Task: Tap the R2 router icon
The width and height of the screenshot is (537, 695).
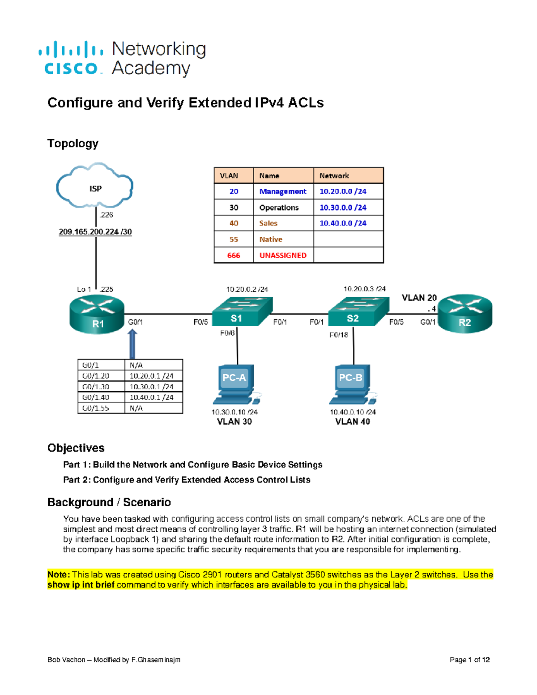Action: pyautogui.click(x=465, y=313)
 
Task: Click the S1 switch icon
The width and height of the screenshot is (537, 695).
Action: pyautogui.click(x=241, y=312)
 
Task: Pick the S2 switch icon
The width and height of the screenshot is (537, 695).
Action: pyautogui.click(x=358, y=312)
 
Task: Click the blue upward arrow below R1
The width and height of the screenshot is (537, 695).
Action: pyautogui.click(x=132, y=344)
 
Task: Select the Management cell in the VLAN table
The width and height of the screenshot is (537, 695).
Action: pyautogui.click(x=283, y=192)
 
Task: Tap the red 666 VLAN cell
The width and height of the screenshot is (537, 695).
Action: pyautogui.click(x=234, y=256)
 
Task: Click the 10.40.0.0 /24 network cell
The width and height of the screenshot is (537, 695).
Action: pyautogui.click(x=343, y=223)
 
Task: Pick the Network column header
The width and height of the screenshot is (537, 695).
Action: pyautogui.click(x=334, y=176)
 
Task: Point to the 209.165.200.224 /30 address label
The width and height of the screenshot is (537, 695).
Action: pyautogui.click(x=95, y=232)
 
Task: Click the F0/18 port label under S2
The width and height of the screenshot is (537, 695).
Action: pyautogui.click(x=339, y=335)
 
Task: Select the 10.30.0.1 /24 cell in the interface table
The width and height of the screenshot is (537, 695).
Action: pyautogui.click(x=151, y=387)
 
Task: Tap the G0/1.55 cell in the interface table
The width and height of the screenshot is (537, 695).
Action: pyautogui.click(x=96, y=408)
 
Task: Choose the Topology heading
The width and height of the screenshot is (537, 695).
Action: pyautogui.click(x=73, y=144)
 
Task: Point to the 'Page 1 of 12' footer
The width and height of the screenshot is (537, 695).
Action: pyautogui.click(x=469, y=660)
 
